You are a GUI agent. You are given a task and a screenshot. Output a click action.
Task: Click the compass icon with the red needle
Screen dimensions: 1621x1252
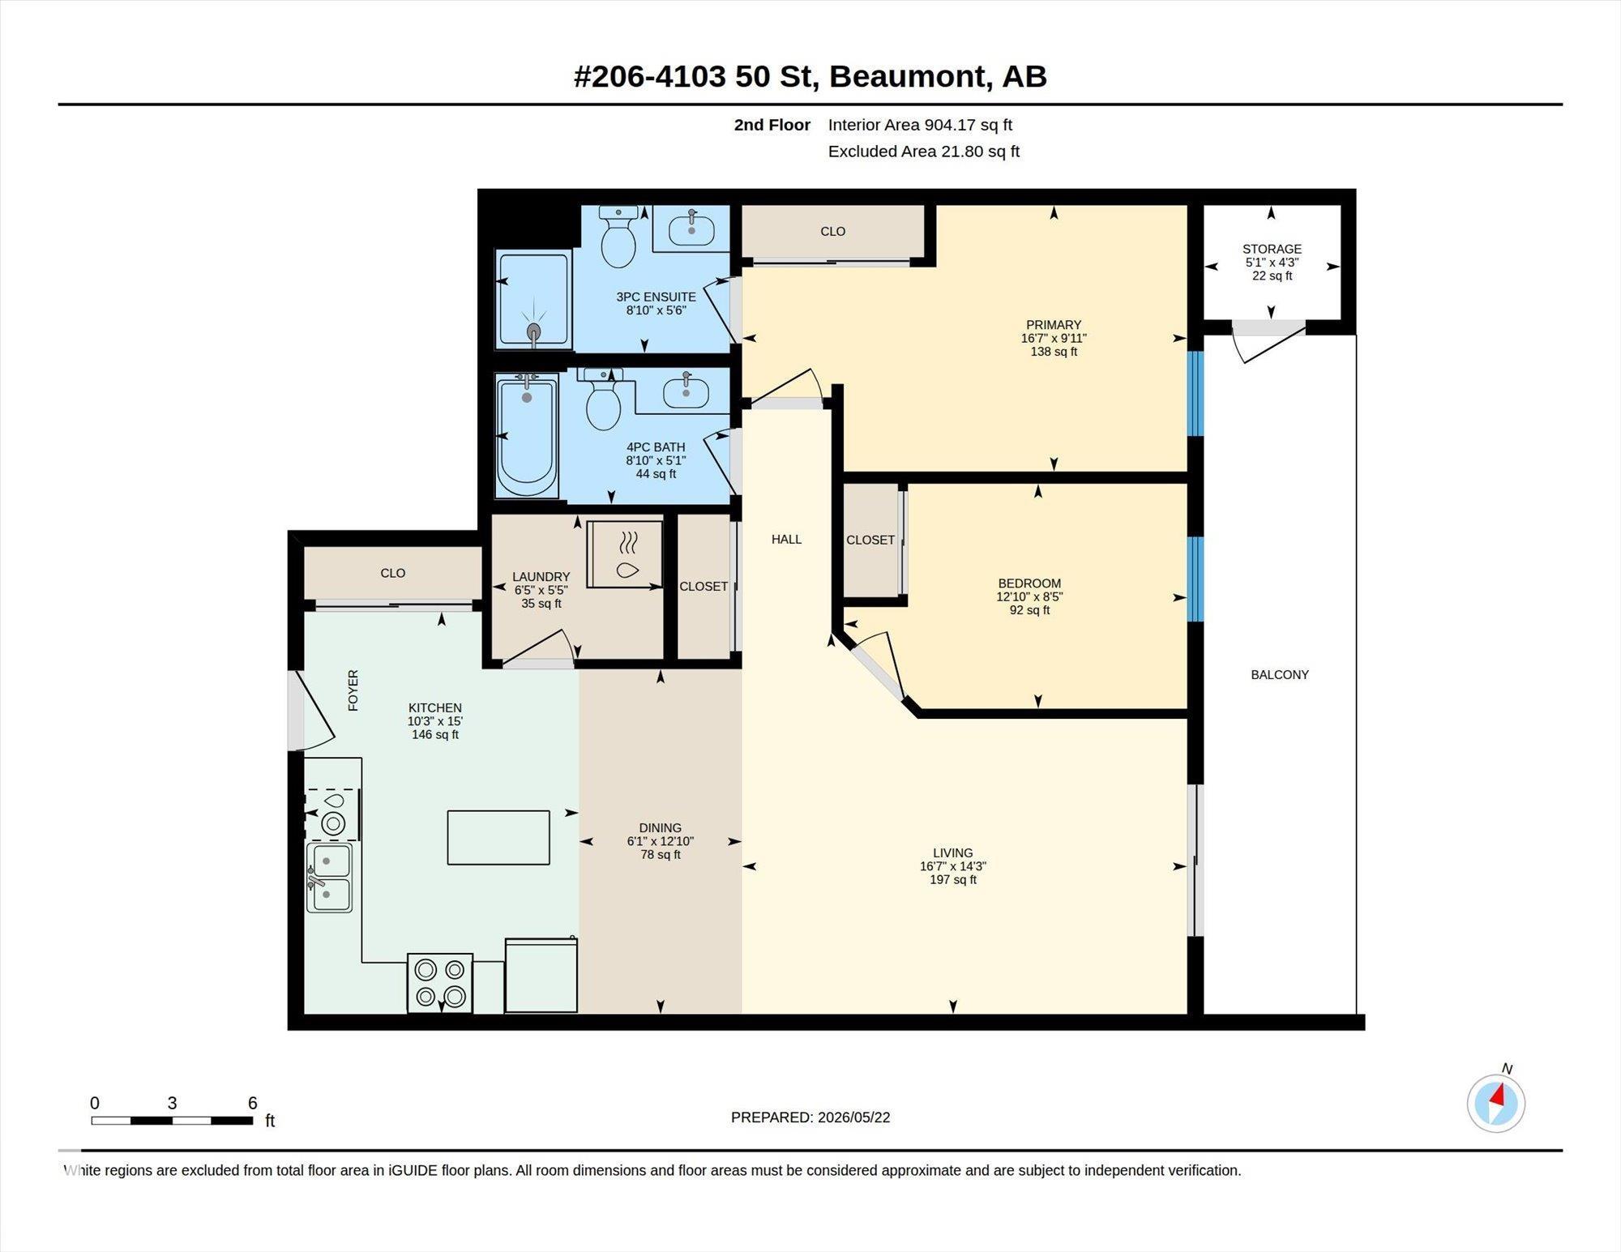[x=1496, y=1103]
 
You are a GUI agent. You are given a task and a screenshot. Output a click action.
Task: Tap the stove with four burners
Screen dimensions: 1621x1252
[x=439, y=983]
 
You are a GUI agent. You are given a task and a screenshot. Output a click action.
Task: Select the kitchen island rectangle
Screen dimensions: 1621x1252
[x=498, y=837]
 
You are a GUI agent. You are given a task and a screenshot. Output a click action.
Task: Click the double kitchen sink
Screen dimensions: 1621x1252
[x=329, y=878]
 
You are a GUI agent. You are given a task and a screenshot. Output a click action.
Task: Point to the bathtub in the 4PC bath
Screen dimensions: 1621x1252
[x=527, y=434]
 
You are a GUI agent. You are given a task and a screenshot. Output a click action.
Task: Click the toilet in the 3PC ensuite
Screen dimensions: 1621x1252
[x=618, y=236]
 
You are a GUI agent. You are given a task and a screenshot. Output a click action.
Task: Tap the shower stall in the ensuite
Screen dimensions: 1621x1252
[x=533, y=300]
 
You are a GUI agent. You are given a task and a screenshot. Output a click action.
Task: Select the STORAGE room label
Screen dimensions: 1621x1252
[x=1272, y=249]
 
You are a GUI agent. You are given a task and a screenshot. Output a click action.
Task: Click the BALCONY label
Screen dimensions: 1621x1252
[x=1280, y=674]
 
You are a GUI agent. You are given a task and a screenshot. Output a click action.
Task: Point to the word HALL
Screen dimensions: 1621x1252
[x=786, y=539]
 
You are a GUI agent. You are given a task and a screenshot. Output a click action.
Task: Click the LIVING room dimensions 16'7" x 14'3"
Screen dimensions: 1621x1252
[x=952, y=866]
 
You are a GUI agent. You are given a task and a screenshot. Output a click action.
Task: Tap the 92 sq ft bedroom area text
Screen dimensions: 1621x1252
[x=1029, y=610]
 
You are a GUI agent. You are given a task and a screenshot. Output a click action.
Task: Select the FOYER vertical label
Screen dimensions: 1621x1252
[x=353, y=690]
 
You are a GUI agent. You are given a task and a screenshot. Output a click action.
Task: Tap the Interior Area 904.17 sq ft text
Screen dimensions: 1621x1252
[x=920, y=125]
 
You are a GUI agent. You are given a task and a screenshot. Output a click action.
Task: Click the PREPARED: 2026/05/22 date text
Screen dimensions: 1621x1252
[x=810, y=1117]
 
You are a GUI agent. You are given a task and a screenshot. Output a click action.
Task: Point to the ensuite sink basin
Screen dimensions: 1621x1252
[x=691, y=229]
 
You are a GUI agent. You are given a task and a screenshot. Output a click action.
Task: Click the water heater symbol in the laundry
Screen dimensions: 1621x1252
[x=625, y=554]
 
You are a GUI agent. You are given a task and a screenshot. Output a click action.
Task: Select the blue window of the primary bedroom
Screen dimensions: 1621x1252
[x=1195, y=393]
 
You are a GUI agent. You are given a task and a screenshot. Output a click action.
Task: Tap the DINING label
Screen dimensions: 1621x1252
[x=660, y=828]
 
